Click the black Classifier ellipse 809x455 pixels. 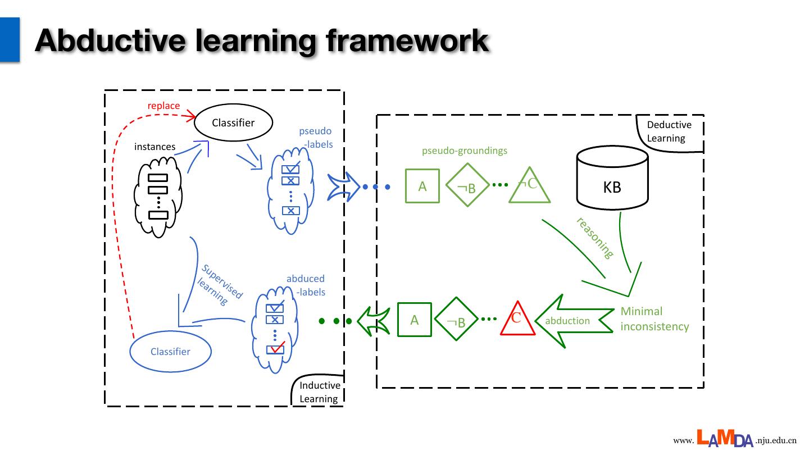233,122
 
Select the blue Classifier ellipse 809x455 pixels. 170,352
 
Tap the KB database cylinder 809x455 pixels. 612,179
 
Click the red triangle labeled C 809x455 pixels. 517,320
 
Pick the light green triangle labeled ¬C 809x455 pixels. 529,186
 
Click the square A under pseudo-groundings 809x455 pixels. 422,186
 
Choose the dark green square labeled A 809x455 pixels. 415,320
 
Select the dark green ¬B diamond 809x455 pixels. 456,319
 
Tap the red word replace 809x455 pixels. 163,106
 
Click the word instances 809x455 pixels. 155,147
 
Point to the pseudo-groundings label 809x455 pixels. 465,151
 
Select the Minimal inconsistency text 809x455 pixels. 655,319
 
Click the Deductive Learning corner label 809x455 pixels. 669,131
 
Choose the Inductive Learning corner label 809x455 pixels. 320,392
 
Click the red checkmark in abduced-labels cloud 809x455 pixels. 276,348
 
